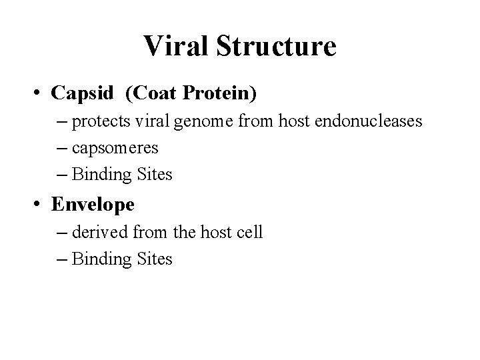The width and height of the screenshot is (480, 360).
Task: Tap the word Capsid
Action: tap(83, 93)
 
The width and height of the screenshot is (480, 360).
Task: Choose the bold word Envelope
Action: tap(93, 204)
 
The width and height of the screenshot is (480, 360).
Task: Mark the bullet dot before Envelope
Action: tap(41, 204)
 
